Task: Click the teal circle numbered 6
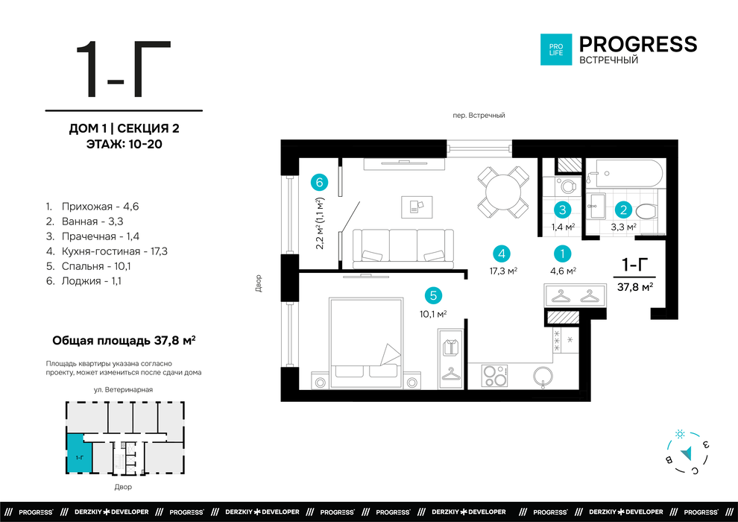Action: click(319, 182)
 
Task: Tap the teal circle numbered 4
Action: click(502, 254)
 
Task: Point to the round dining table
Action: click(503, 192)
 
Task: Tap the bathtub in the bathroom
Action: click(624, 173)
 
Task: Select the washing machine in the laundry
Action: click(565, 186)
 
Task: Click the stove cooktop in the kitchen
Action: click(494, 376)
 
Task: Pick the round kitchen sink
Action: click(543, 376)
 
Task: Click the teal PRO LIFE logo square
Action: click(556, 49)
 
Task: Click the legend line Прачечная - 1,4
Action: click(92, 236)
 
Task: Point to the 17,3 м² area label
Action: click(504, 271)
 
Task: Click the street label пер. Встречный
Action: click(479, 116)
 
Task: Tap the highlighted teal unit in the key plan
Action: click(78, 454)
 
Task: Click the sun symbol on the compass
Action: click(680, 434)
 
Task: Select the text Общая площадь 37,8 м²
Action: click(124, 340)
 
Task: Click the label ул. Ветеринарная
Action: click(123, 390)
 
